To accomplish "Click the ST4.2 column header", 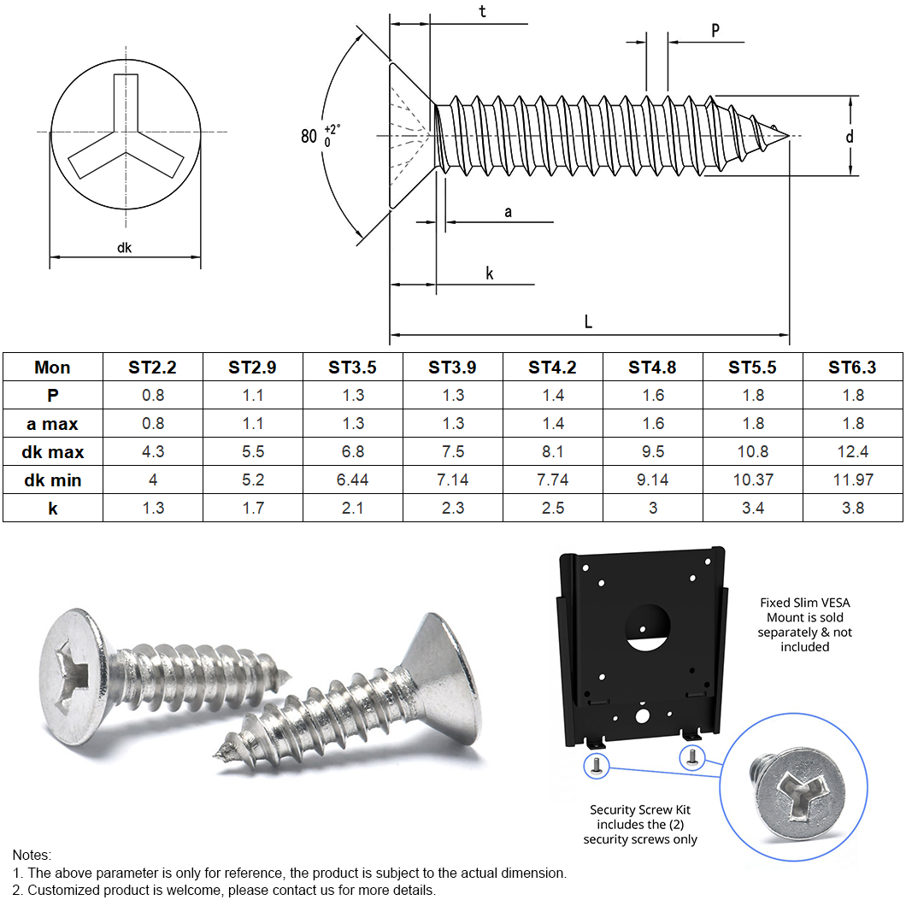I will click(552, 368).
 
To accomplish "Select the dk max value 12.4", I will click(852, 451).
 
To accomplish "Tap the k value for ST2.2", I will click(153, 508).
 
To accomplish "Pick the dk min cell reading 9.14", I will click(652, 479).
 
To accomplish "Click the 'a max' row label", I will click(52, 423).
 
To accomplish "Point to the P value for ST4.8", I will click(652, 395).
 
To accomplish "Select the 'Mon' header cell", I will click(52, 368).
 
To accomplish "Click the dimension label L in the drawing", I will click(588, 322).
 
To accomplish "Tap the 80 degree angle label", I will click(309, 136).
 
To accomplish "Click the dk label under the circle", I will click(125, 248).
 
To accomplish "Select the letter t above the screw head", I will click(483, 13).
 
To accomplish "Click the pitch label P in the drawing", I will click(715, 30).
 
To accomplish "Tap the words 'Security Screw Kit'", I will click(639, 809).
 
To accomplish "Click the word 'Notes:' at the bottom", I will click(32, 855).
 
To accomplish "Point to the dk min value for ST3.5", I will click(352, 479).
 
